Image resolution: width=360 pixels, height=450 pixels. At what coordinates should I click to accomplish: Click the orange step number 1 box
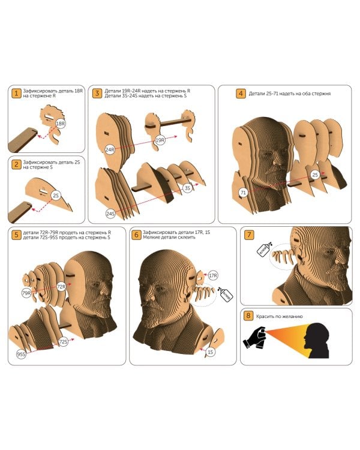[16, 93]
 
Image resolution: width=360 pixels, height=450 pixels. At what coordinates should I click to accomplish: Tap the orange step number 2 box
[16, 164]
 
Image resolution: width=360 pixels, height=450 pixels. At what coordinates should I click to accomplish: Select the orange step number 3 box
[97, 93]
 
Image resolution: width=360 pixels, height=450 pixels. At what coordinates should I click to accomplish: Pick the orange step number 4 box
[241, 93]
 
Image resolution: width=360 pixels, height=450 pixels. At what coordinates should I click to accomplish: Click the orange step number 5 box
[16, 235]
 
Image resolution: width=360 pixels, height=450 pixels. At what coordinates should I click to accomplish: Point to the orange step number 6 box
[136, 235]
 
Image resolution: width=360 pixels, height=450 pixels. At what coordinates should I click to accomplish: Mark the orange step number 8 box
[248, 316]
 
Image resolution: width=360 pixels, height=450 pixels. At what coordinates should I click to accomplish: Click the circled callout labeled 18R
[61, 124]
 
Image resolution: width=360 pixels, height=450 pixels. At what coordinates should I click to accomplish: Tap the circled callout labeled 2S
[56, 195]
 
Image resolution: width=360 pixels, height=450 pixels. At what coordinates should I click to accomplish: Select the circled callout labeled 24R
[110, 149]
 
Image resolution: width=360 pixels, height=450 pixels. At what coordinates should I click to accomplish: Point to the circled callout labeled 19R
[160, 140]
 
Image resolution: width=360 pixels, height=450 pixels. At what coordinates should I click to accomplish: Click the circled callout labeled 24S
[110, 214]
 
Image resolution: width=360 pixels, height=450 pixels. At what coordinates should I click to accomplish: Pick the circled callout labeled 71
[243, 193]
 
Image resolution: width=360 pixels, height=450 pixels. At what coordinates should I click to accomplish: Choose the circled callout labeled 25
[315, 175]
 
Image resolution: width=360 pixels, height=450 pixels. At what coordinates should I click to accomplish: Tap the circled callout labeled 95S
[21, 354]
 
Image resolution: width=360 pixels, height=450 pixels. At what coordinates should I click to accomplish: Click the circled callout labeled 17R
[213, 276]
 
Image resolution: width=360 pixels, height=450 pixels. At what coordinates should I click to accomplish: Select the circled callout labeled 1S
[211, 352]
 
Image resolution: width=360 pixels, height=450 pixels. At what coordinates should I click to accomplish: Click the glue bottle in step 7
[264, 249]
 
